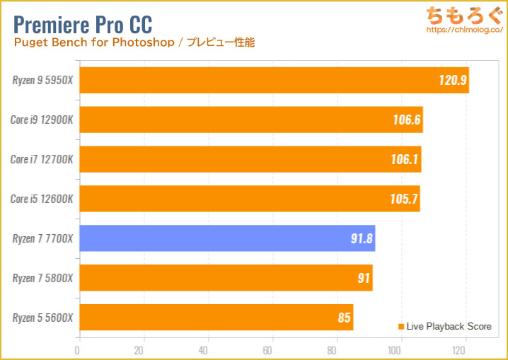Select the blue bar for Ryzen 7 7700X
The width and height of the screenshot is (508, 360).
[226, 238]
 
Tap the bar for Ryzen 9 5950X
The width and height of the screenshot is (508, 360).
[273, 80]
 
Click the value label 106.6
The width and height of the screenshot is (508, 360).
[407, 120]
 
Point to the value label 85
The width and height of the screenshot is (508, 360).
[344, 318]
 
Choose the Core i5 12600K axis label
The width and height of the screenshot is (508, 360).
[42, 199]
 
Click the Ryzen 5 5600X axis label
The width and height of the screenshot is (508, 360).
[42, 318]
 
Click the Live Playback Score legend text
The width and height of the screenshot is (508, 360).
[449, 326]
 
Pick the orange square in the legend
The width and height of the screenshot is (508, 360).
[401, 326]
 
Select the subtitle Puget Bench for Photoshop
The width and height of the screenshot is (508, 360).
[93, 42]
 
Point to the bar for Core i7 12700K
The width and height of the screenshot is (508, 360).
[249, 159]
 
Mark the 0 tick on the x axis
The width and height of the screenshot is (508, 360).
[78, 350]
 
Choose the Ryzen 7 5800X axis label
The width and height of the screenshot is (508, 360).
[42, 278]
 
